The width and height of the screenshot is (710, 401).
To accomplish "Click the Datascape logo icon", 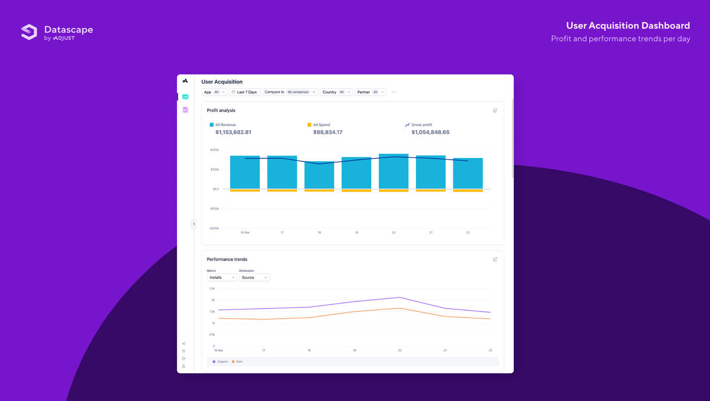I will [29, 32].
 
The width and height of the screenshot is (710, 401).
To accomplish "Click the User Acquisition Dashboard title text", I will [628, 26].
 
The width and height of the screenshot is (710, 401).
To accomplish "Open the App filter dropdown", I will [214, 92].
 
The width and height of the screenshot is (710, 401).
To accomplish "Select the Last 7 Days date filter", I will [245, 92].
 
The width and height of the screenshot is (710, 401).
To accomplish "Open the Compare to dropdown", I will [290, 92].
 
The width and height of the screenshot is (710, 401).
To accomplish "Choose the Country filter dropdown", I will [336, 92].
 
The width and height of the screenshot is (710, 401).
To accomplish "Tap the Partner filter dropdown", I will [370, 92].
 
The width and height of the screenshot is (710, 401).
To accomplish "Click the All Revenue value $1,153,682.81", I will [233, 132].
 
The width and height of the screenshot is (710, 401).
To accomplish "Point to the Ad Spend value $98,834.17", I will [327, 132].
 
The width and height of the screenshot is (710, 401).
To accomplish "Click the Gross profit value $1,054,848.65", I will [430, 132].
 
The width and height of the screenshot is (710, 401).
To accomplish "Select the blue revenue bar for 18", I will [319, 175].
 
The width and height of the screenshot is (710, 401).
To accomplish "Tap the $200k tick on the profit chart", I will [214, 150].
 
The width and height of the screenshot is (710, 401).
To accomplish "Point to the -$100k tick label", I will [214, 209].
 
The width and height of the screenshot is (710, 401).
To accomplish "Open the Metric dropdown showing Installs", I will [222, 277].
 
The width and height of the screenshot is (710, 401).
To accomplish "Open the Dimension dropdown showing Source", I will [254, 277].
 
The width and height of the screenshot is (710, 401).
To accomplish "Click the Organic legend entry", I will [220, 362].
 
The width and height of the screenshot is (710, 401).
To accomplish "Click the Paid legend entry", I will [237, 362].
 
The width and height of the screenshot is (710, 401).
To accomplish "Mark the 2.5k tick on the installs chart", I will [212, 289].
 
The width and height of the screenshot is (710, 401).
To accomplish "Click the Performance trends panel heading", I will [227, 259].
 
